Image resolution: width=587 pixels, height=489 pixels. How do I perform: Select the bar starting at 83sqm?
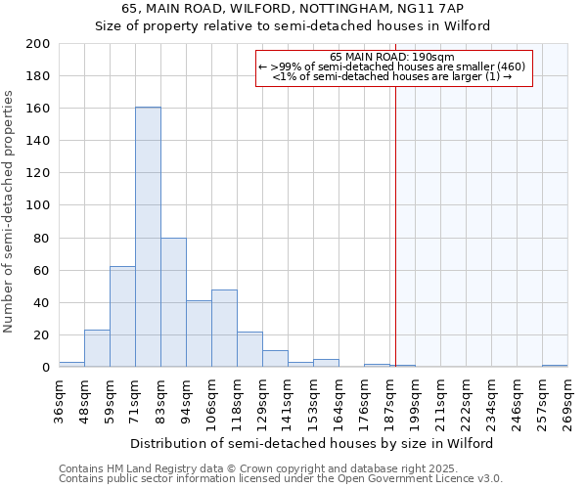pyautogui.click(x=173, y=302)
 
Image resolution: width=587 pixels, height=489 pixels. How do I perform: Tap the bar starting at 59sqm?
pyautogui.click(x=122, y=317)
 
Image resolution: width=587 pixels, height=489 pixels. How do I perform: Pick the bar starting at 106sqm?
pyautogui.click(x=224, y=329)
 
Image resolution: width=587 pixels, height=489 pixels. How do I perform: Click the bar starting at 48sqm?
pyautogui.click(x=97, y=348)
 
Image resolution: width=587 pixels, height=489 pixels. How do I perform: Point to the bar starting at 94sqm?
pyautogui.click(x=199, y=333)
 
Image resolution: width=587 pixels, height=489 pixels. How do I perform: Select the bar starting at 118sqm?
pyautogui.click(x=249, y=349)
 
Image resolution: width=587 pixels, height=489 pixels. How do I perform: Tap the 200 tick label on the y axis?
pyautogui.click(x=39, y=44)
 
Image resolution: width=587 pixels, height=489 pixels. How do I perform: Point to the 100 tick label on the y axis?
pyautogui.click(x=39, y=205)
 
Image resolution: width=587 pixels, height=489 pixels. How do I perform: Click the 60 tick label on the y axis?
pyautogui.click(x=42, y=270)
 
